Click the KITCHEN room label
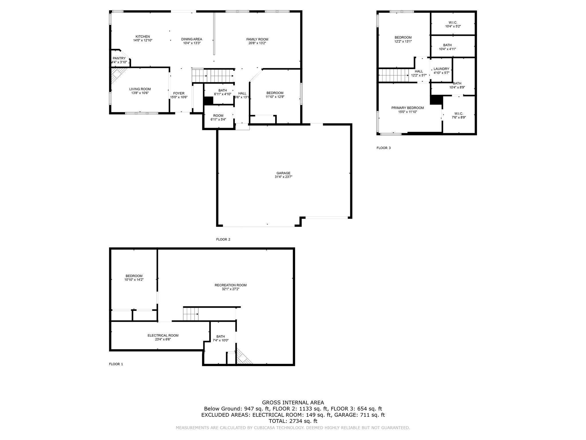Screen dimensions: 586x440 [142, 37]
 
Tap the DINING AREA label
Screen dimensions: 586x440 [192, 39]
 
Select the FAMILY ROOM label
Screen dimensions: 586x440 [257, 39]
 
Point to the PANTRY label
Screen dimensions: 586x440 [119, 58]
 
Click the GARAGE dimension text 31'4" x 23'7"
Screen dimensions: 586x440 [283, 177]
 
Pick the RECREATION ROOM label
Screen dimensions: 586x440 [231, 285]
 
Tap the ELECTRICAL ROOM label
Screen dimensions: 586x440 [163, 335]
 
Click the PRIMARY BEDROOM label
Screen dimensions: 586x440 [407, 108]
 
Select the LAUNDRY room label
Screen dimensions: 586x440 [441, 69]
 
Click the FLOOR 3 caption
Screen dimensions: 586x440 [383, 148]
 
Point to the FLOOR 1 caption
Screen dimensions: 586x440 [116, 364]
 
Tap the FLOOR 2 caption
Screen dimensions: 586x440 [223, 239]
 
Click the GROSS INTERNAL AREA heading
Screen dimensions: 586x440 [293, 403]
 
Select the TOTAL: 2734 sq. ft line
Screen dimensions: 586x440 [293, 421]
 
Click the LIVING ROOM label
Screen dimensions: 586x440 [140, 89]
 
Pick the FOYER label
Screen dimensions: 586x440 [179, 93]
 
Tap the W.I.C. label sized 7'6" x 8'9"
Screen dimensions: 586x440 [459, 114]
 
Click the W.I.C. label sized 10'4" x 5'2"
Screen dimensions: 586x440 [453, 23]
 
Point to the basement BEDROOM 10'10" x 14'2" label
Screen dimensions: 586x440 [134, 276]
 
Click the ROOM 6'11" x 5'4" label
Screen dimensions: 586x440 [218, 116]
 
